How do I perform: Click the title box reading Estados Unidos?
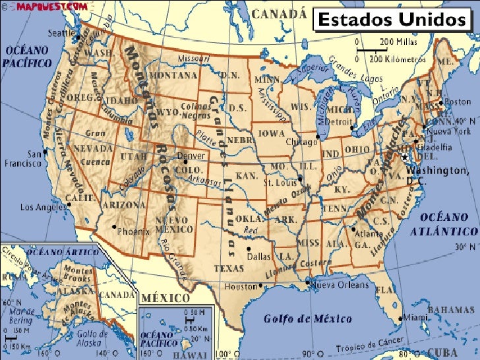391,20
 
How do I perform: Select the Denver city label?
191,156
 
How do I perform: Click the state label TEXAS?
229,268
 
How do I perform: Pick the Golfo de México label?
308,318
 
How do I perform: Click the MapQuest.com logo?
45,5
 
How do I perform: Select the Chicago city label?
301,142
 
